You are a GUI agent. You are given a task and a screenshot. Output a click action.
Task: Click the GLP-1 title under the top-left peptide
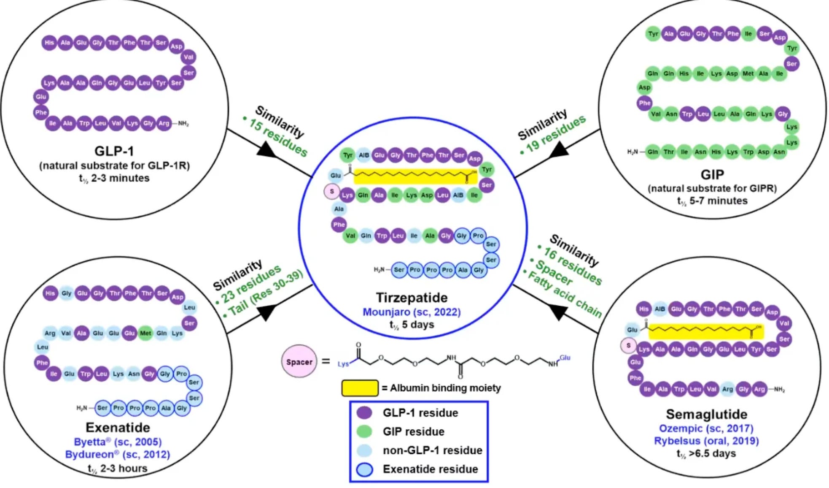point(114,151)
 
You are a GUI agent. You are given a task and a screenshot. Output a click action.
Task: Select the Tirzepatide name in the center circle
point(412,298)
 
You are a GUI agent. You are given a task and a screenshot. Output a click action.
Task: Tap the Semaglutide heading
point(706,414)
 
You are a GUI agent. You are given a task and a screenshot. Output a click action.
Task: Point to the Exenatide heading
point(118,427)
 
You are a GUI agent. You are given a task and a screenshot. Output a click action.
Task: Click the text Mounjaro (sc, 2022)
point(412,312)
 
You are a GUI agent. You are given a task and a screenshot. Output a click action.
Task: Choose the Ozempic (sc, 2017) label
point(706,428)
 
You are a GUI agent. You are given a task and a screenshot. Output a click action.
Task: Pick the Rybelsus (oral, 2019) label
point(706,441)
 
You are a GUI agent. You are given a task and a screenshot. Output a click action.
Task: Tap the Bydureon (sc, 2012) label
point(118,455)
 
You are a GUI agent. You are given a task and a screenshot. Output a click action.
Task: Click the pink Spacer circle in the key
point(299,362)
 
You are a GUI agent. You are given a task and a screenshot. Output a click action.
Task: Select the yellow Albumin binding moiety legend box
point(359,388)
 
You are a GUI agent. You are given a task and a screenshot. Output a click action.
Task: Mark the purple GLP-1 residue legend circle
point(364,412)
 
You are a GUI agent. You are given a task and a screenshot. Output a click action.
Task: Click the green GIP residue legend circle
point(364,431)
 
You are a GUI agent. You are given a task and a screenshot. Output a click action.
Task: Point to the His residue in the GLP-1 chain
point(49,43)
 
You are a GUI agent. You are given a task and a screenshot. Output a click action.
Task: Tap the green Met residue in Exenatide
point(145,333)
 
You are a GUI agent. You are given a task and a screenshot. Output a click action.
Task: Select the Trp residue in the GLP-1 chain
point(84,123)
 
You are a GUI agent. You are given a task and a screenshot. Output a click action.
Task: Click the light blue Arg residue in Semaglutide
point(727,389)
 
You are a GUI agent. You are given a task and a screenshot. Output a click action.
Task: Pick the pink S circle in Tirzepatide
point(332,192)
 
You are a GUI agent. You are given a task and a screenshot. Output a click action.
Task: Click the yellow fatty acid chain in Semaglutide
point(705,332)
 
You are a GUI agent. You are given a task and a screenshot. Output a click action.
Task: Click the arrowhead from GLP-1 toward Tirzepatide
point(266,150)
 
